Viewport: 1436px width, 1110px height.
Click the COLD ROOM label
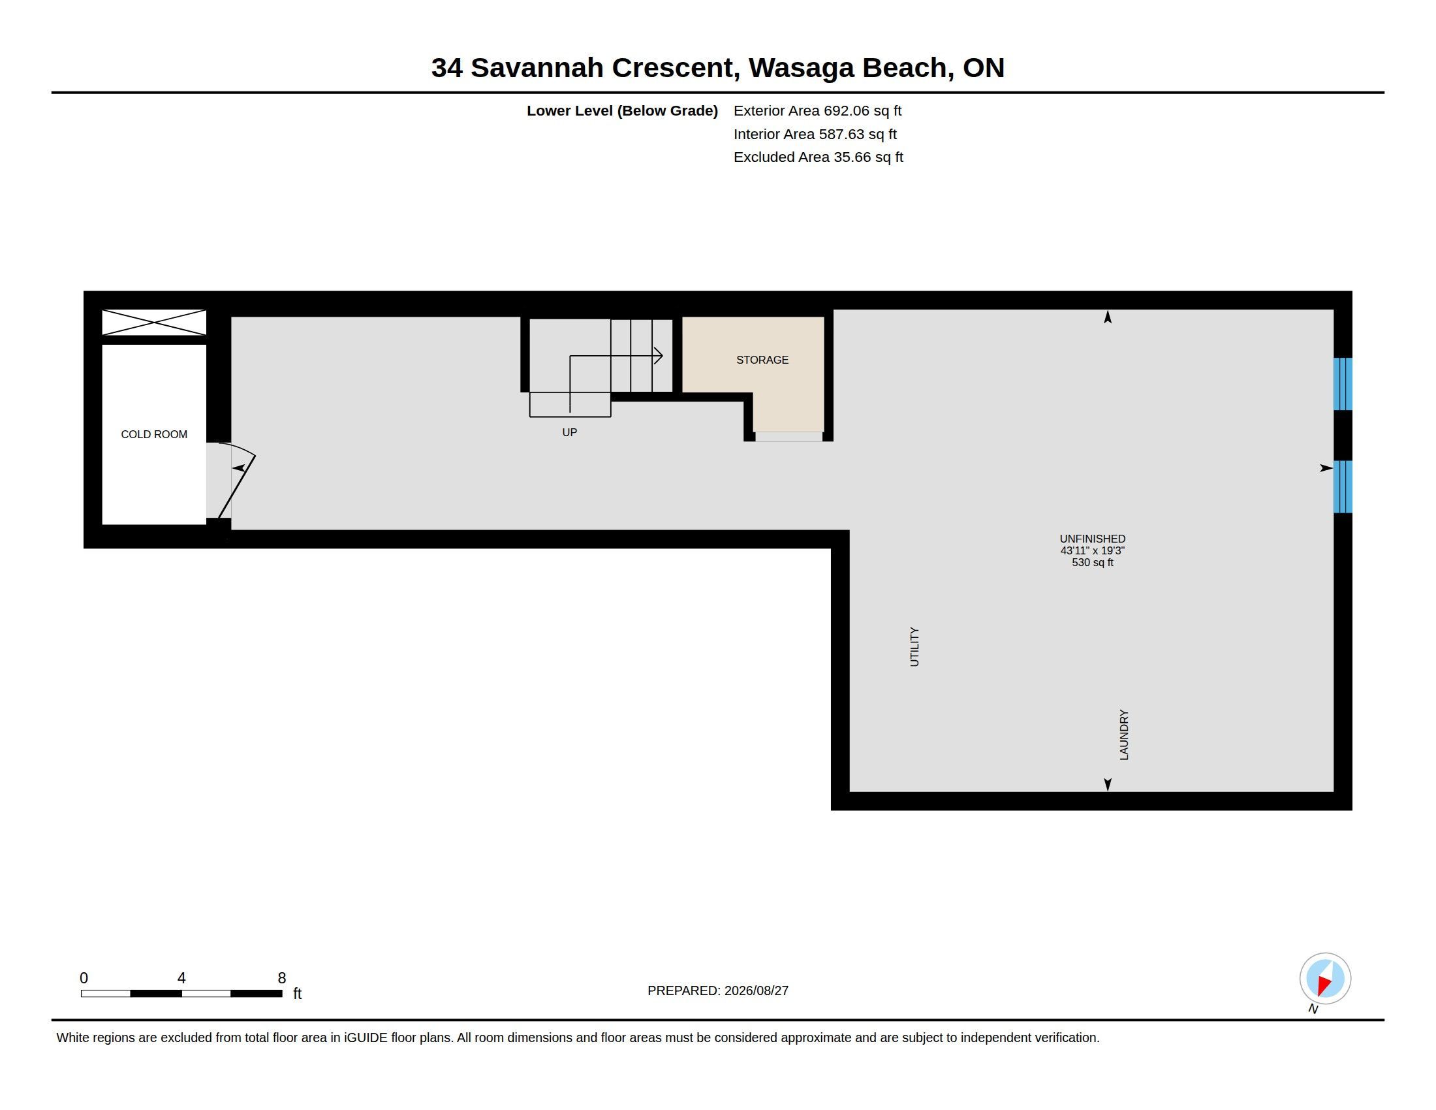tap(154, 434)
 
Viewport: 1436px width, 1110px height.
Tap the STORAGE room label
tap(762, 360)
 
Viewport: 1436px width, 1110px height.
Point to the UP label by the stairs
tap(569, 432)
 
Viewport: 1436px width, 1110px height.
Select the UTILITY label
tap(914, 647)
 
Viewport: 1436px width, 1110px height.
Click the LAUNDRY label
tap(1124, 735)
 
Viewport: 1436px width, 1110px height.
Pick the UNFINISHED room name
tap(1092, 539)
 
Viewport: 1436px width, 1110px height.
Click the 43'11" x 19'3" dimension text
tap(1092, 550)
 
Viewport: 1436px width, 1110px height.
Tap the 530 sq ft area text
tap(1092, 562)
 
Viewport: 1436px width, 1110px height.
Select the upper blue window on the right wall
tap(1343, 384)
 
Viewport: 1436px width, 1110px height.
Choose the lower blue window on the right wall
tap(1343, 486)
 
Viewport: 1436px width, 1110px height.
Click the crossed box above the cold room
tap(154, 323)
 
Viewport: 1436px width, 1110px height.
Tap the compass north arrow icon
tap(1325, 979)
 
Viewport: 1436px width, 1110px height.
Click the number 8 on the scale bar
tap(281, 978)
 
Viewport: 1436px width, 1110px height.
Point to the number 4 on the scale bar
tap(181, 978)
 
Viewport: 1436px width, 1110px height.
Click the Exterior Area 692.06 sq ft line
tap(817, 110)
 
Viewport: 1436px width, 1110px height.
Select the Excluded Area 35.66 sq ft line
tap(818, 157)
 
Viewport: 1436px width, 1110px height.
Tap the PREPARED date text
tap(717, 991)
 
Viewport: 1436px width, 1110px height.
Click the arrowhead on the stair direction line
tap(658, 356)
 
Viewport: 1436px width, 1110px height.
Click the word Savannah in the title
tap(537, 68)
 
